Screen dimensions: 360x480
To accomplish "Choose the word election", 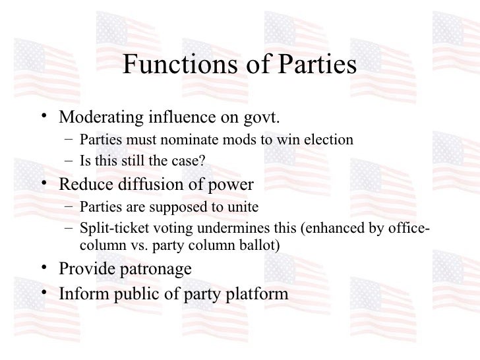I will (x=330, y=140).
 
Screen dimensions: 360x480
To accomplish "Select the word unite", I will (x=243, y=207).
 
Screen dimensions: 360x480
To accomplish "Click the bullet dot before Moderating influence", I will (x=44, y=117).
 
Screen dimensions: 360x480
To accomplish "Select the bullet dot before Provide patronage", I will (x=44, y=268).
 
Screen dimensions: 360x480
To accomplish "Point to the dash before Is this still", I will (x=69, y=160).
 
